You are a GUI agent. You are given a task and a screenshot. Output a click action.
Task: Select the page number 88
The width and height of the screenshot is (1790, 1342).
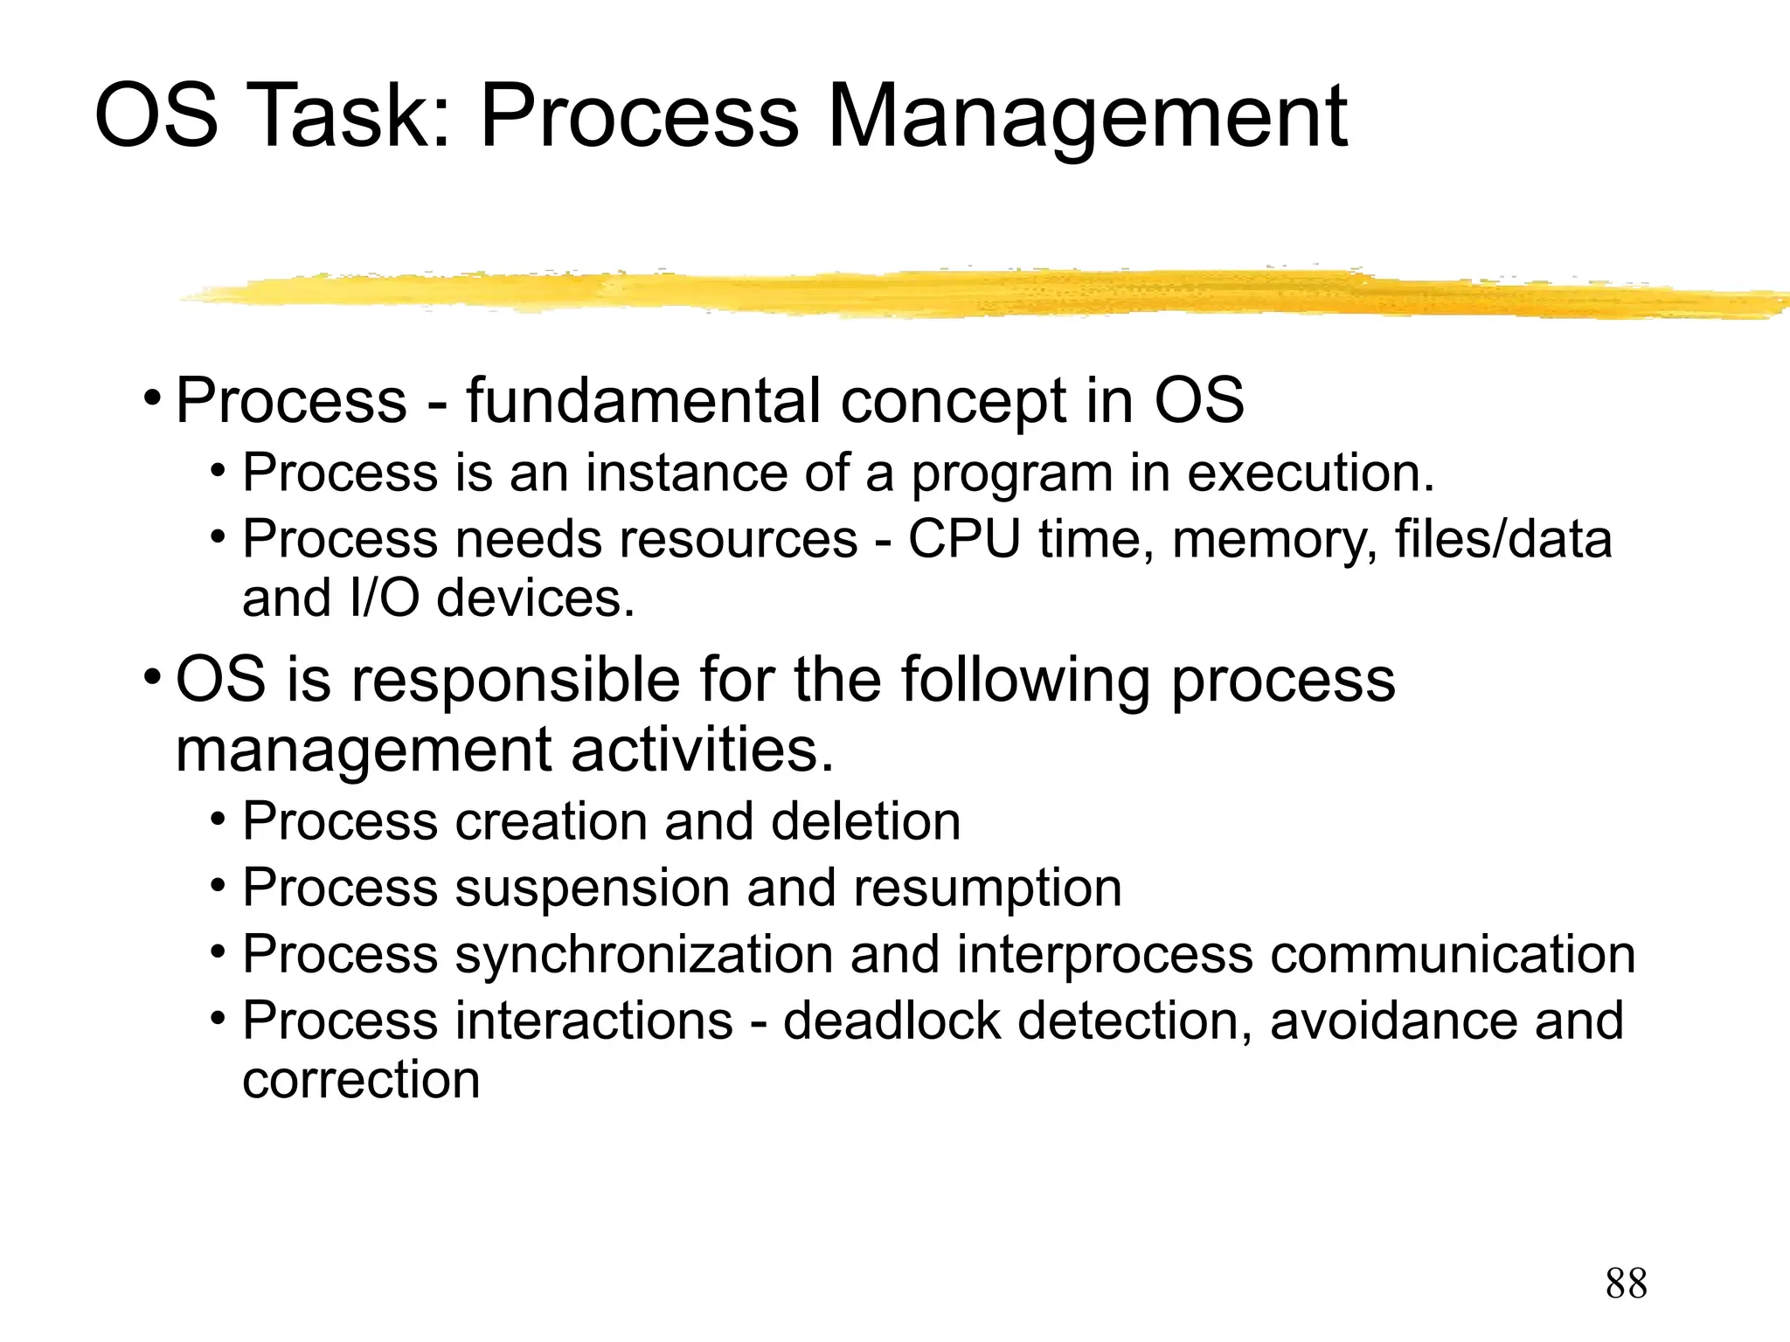pyautogui.click(x=1626, y=1283)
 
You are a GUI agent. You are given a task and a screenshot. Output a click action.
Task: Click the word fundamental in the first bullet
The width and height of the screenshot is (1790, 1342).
pyautogui.click(x=643, y=401)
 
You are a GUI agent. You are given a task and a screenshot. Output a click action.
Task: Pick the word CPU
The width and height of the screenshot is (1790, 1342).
pyautogui.click(x=964, y=539)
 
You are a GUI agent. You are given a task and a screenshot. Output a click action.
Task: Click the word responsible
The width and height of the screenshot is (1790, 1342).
pyautogui.click(x=515, y=681)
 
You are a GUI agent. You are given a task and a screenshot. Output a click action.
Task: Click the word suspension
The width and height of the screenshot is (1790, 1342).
pyautogui.click(x=592, y=889)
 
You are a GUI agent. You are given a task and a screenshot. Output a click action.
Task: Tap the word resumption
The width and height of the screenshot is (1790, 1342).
pyautogui.click(x=988, y=889)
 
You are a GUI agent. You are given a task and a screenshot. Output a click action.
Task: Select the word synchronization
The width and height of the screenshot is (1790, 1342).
pyautogui.click(x=644, y=954)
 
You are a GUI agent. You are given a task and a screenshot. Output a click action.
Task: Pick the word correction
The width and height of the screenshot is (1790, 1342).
pyautogui.click(x=361, y=1080)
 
